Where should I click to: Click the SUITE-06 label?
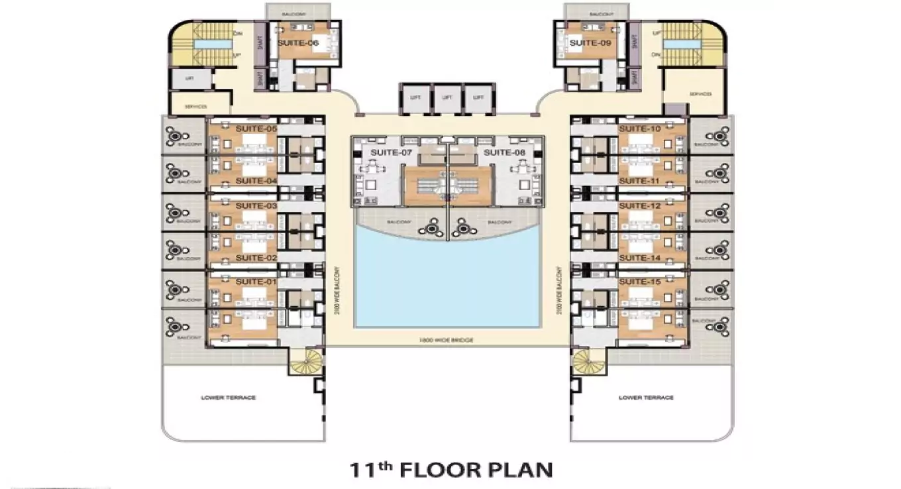tap(298, 43)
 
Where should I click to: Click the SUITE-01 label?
tap(256, 282)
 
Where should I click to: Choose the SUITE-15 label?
tap(640, 282)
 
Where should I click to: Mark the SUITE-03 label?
tap(256, 206)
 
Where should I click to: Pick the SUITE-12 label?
tap(640, 206)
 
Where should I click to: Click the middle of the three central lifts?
tap(447, 97)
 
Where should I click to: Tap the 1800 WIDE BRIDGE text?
tap(447, 339)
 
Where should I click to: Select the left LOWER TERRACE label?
tap(228, 398)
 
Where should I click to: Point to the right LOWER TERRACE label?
tap(646, 398)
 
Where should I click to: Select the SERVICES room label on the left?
tap(197, 107)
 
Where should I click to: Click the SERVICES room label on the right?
tap(699, 94)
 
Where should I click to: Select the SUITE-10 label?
tap(640, 129)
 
